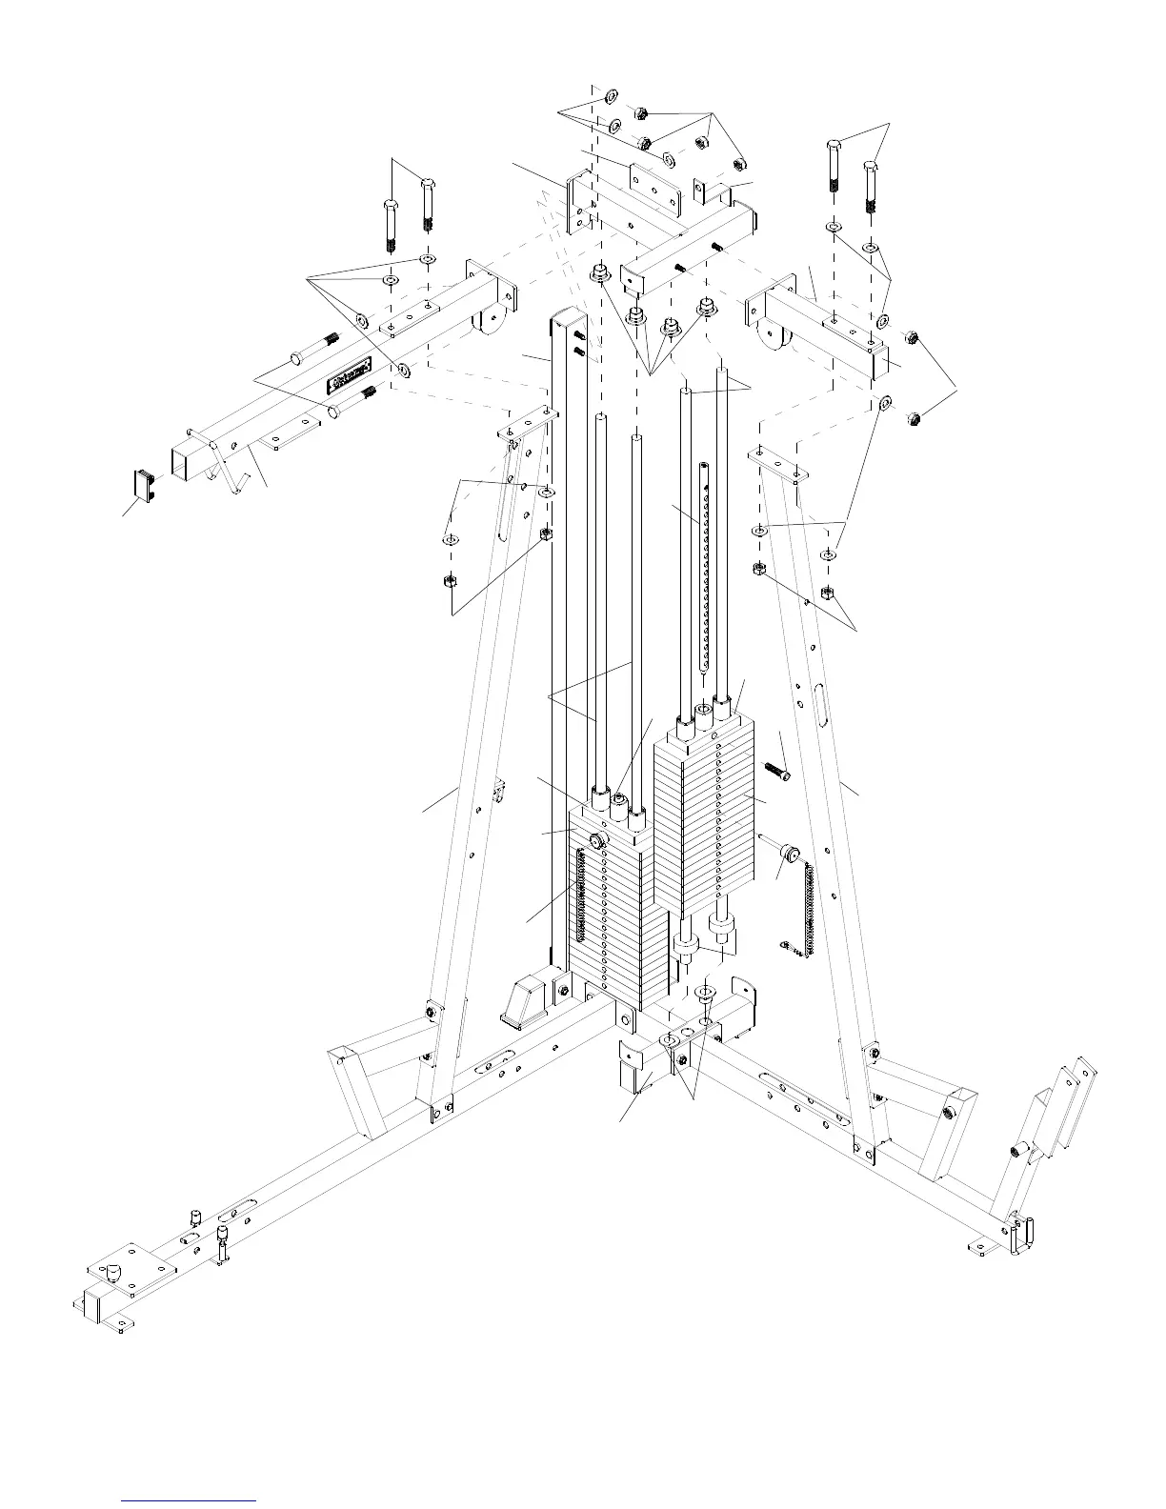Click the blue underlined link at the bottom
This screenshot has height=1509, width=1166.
190,1499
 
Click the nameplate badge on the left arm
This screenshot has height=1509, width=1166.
349,374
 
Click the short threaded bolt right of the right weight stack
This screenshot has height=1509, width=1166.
775,770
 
